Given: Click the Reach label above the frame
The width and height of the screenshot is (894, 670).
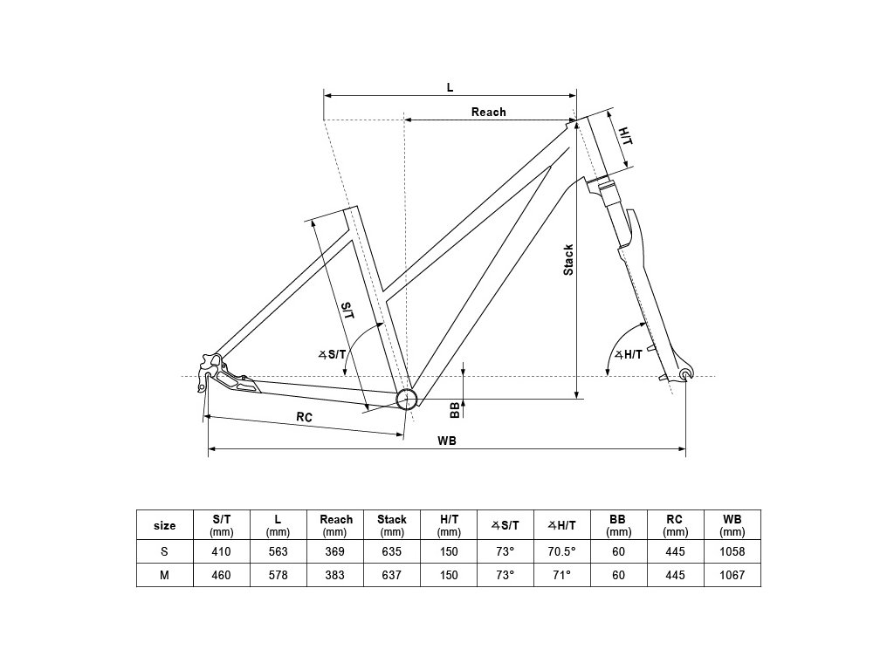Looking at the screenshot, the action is (x=488, y=112).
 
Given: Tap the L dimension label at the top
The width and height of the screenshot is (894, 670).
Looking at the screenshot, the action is (x=450, y=87).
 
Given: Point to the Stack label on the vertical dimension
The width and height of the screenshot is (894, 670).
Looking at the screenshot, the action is (x=568, y=259).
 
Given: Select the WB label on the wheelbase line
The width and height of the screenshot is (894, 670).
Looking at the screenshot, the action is (x=447, y=441).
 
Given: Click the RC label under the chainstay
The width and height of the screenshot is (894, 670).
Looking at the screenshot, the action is (x=304, y=417).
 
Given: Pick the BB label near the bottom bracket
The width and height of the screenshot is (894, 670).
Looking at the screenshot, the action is (x=454, y=408).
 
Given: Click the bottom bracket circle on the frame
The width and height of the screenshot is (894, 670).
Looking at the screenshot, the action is (x=406, y=400).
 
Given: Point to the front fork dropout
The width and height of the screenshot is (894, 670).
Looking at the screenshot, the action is (x=684, y=375).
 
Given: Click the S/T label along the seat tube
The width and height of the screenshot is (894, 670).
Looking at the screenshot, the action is (x=347, y=310).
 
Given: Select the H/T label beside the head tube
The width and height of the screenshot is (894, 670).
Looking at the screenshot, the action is (x=625, y=136).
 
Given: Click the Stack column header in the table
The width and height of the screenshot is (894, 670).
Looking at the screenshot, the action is (x=392, y=524).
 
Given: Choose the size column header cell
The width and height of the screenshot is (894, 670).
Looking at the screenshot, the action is (x=164, y=525).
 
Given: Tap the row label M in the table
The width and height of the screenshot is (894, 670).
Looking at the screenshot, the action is (x=164, y=576).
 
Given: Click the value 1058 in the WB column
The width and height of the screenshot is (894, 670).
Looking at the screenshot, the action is (x=732, y=551).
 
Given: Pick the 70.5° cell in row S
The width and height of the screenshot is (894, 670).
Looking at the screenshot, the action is (x=561, y=551).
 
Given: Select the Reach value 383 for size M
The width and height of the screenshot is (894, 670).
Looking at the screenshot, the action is (x=335, y=576).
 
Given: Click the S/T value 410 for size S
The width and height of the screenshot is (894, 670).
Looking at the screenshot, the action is (x=221, y=551).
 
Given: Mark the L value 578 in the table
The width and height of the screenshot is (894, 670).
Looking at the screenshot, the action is (x=278, y=576).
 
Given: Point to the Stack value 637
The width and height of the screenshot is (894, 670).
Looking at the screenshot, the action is (x=392, y=576).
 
